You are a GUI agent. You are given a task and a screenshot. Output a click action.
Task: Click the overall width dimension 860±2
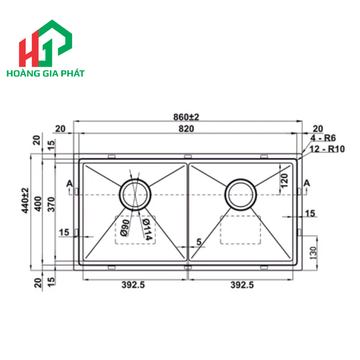click(x=186, y=117)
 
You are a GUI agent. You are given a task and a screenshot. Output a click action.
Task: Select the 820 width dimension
click(x=187, y=129)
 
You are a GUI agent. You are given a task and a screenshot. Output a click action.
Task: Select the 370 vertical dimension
click(x=50, y=206)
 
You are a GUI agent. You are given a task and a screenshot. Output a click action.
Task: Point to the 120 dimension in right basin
click(x=284, y=181)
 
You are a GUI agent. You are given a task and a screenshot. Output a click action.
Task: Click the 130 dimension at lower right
click(x=313, y=252)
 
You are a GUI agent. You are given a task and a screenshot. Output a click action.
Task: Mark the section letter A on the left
click(x=69, y=184)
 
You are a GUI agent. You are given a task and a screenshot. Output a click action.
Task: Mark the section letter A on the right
click(x=307, y=184)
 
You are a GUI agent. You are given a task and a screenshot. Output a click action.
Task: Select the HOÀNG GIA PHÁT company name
click(x=45, y=74)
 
